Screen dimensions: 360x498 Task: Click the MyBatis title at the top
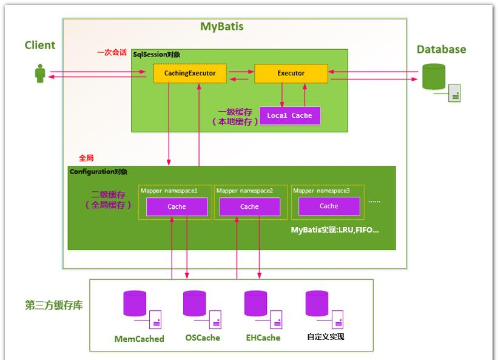pyautogui.click(x=222, y=27)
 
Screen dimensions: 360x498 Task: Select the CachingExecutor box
pyautogui.click(x=190, y=73)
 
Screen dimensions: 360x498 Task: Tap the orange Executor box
pyautogui.click(x=291, y=73)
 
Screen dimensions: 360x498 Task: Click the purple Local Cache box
pyautogui.click(x=289, y=115)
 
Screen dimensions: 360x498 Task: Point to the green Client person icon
pyautogui.click(x=40, y=75)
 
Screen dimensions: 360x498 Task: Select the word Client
pyautogui.click(x=40, y=45)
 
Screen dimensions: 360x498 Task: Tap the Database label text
pyautogui.click(x=441, y=49)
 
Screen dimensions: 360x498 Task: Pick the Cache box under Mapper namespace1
pyautogui.click(x=177, y=206)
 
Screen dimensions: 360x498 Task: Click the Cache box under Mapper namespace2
pyautogui.click(x=249, y=206)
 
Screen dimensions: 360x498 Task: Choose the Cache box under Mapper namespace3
pyautogui.click(x=329, y=206)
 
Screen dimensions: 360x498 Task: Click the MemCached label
pyautogui.click(x=140, y=339)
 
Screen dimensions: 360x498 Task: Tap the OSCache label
pyautogui.click(x=203, y=338)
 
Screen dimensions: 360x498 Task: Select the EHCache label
pyautogui.click(x=263, y=338)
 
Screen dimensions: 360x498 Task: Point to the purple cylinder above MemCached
pyautogui.click(x=135, y=304)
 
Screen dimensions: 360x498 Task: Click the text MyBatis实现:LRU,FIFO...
pyautogui.click(x=335, y=230)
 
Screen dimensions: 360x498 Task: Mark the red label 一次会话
pyautogui.click(x=112, y=53)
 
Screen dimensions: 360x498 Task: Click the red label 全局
pyautogui.click(x=86, y=158)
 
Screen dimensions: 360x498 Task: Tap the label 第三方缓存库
pyautogui.click(x=54, y=305)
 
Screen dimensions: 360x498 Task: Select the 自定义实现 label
pyautogui.click(x=326, y=337)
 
